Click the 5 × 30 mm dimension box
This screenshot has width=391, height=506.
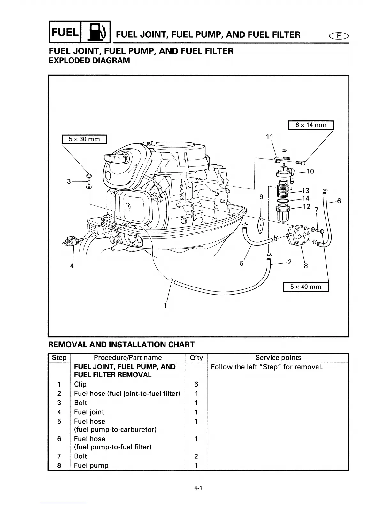click(84, 139)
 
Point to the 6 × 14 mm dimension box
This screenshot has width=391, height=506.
click(311, 125)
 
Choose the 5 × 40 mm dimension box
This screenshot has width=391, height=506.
click(306, 287)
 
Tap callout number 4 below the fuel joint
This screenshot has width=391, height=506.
click(72, 266)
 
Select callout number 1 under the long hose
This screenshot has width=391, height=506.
click(165, 305)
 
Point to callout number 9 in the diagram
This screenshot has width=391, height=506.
click(261, 197)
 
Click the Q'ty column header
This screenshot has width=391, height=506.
click(196, 358)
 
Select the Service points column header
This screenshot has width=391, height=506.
click(278, 358)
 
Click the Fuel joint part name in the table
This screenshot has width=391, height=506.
click(89, 412)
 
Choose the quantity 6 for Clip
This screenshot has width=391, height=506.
click(196, 384)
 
